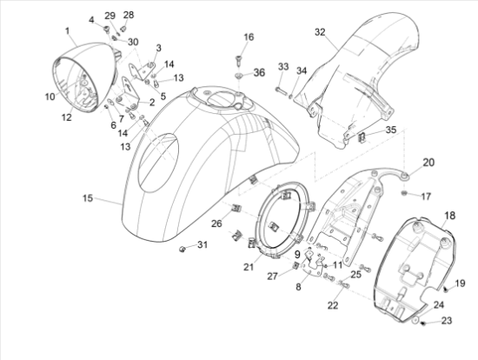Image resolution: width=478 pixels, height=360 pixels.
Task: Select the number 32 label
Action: (320, 32)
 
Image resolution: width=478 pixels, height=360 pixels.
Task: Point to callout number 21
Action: (248, 267)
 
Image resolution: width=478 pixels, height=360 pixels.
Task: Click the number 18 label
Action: (450, 215)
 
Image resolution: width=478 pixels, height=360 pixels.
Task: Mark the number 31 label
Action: (202, 245)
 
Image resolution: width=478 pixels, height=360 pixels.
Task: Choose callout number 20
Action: (428, 163)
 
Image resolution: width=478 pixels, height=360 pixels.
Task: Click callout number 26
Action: (217, 223)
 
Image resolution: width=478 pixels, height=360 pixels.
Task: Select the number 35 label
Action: (390, 130)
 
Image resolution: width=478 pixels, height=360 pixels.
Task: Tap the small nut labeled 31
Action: (183, 250)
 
